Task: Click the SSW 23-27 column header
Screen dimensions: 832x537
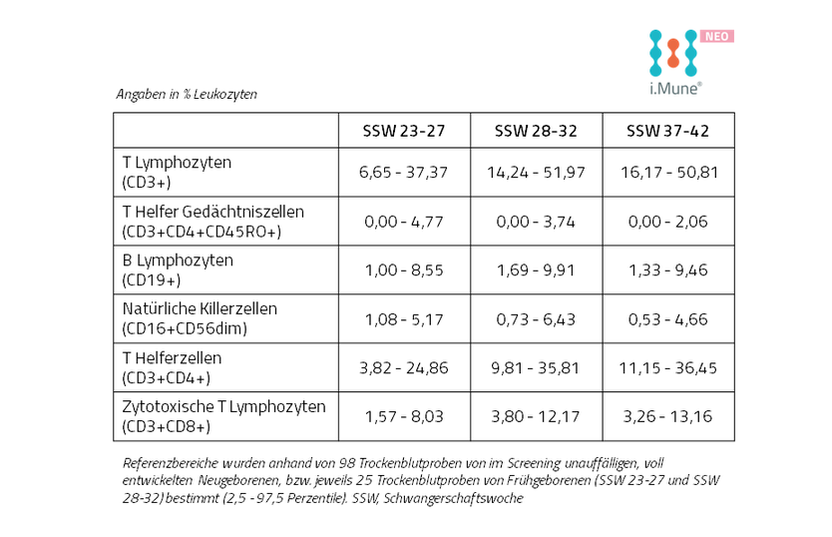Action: pyautogui.click(x=404, y=131)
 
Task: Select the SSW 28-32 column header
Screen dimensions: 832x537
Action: pyautogui.click(x=536, y=131)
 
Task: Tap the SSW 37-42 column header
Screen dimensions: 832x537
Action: pyautogui.click(x=667, y=131)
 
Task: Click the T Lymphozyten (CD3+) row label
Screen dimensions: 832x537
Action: pyautogui.click(x=177, y=172)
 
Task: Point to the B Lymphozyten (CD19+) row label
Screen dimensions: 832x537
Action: pyautogui.click(x=178, y=269)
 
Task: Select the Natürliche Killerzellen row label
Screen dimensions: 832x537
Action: pyautogui.click(x=200, y=318)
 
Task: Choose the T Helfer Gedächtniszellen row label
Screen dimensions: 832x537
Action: pyautogui.click(x=212, y=222)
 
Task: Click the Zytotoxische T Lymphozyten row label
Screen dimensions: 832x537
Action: pyautogui.click(x=223, y=416)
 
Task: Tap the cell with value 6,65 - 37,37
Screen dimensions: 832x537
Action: pyautogui.click(x=403, y=173)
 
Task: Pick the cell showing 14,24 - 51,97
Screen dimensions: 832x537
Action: pyautogui.click(x=536, y=173)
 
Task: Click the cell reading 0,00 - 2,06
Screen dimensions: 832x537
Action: pyautogui.click(x=668, y=222)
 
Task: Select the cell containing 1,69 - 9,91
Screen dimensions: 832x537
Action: pyautogui.click(x=536, y=270)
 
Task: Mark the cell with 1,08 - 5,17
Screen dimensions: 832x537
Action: pyautogui.click(x=404, y=319)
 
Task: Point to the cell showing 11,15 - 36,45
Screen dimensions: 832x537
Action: pyautogui.click(x=668, y=368)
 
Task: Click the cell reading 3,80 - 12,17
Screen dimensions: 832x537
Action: pyautogui.click(x=536, y=416)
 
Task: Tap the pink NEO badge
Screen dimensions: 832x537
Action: pyautogui.click(x=717, y=36)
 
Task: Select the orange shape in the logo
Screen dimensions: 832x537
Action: pyautogui.click(x=673, y=53)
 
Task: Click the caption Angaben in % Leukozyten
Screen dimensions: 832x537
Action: pyautogui.click(x=187, y=94)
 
